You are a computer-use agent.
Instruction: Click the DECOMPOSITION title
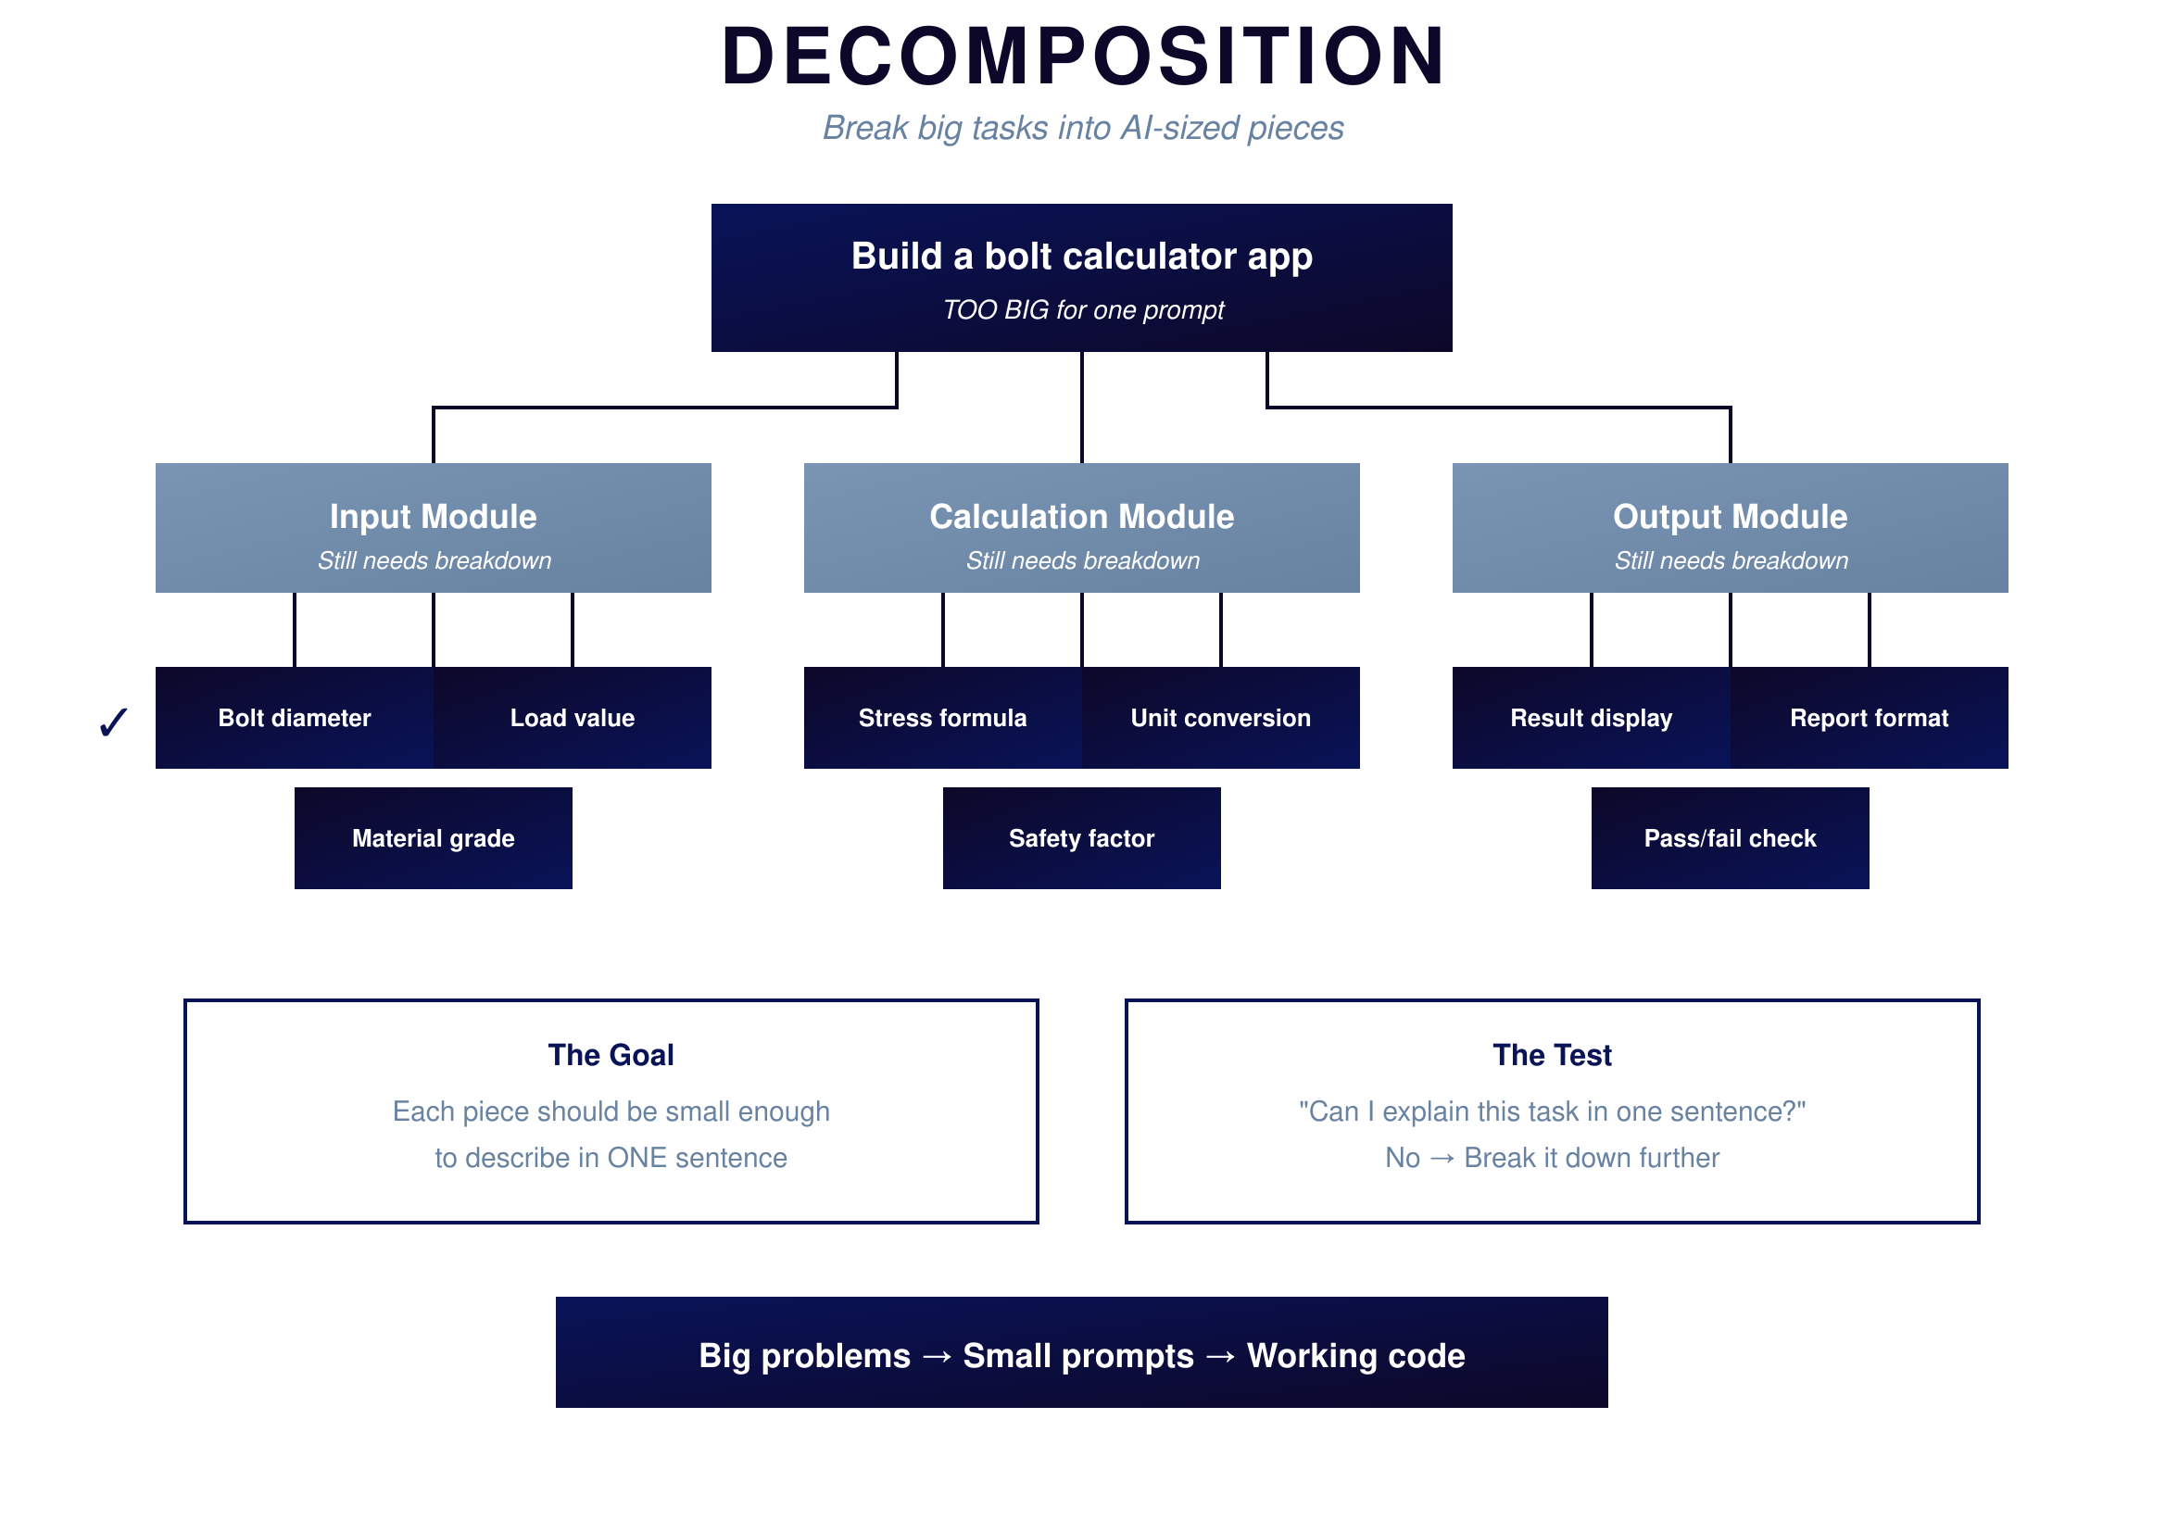click(x=1082, y=57)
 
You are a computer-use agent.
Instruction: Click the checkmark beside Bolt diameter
click(x=113, y=722)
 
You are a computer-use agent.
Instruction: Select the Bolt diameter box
click(x=295, y=718)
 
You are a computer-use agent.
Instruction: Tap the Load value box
click(x=572, y=718)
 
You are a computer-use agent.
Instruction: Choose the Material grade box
click(x=433, y=837)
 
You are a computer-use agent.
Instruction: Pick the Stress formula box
click(x=942, y=718)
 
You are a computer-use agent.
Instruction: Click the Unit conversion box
click(x=1220, y=718)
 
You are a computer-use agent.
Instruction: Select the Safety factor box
click(x=1081, y=837)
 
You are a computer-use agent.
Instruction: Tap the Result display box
click(x=1591, y=718)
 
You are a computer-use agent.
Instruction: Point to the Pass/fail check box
click(x=1730, y=837)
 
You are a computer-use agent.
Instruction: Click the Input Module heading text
click(x=433, y=516)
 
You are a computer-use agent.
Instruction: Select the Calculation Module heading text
click(x=1081, y=516)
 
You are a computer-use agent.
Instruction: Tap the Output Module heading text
click(x=1730, y=516)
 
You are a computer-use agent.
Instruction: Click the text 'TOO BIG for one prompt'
click(x=1082, y=309)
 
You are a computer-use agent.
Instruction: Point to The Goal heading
click(x=611, y=1054)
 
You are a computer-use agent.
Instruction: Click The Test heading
click(x=1552, y=1054)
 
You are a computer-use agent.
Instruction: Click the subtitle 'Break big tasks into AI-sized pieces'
click(x=1082, y=127)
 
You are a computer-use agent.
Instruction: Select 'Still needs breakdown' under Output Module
click(x=1731, y=560)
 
